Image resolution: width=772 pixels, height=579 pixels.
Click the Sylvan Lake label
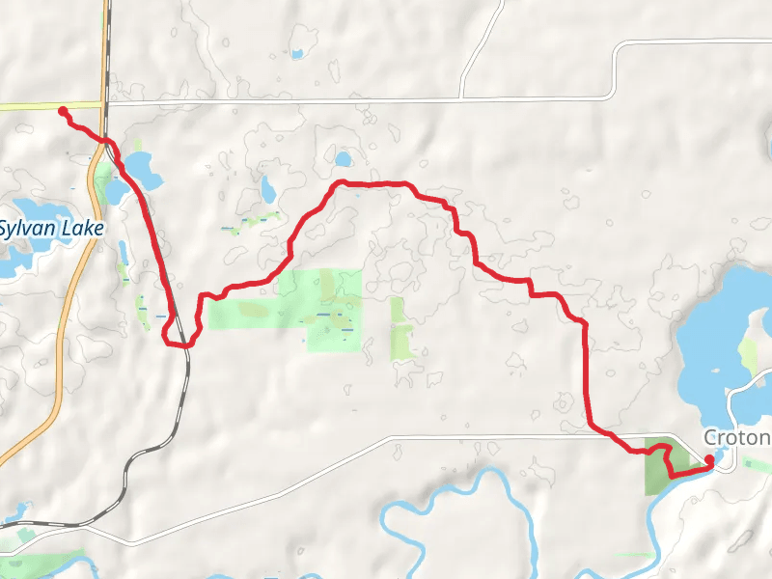click(50, 230)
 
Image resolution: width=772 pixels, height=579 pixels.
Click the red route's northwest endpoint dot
click(63, 112)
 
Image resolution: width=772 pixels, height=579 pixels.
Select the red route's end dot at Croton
click(709, 459)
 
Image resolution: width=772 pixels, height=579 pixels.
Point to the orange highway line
click(60, 328)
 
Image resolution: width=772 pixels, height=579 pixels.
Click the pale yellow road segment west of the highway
click(48, 105)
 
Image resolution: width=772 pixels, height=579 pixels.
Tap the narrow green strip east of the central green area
click(400, 328)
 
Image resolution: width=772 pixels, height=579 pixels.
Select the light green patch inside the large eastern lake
click(749, 358)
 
